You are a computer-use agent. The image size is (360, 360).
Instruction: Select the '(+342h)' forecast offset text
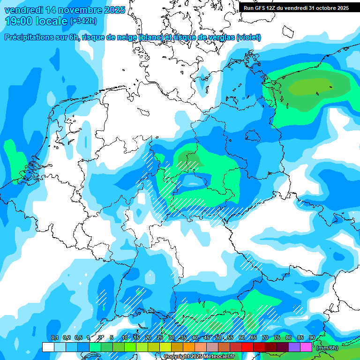tap(84, 21)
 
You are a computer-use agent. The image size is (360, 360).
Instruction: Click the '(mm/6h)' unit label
tap(327, 348)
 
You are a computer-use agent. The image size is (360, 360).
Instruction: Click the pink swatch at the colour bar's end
tap(306, 347)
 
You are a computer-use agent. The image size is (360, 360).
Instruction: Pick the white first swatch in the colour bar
tap(48, 347)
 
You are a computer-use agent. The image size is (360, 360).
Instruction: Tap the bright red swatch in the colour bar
tap(247, 347)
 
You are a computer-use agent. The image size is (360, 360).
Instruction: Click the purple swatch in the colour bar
tap(294, 347)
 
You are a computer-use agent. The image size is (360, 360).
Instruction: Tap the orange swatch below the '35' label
tap(189, 347)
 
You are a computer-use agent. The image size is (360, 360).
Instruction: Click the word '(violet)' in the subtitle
tap(249, 37)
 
